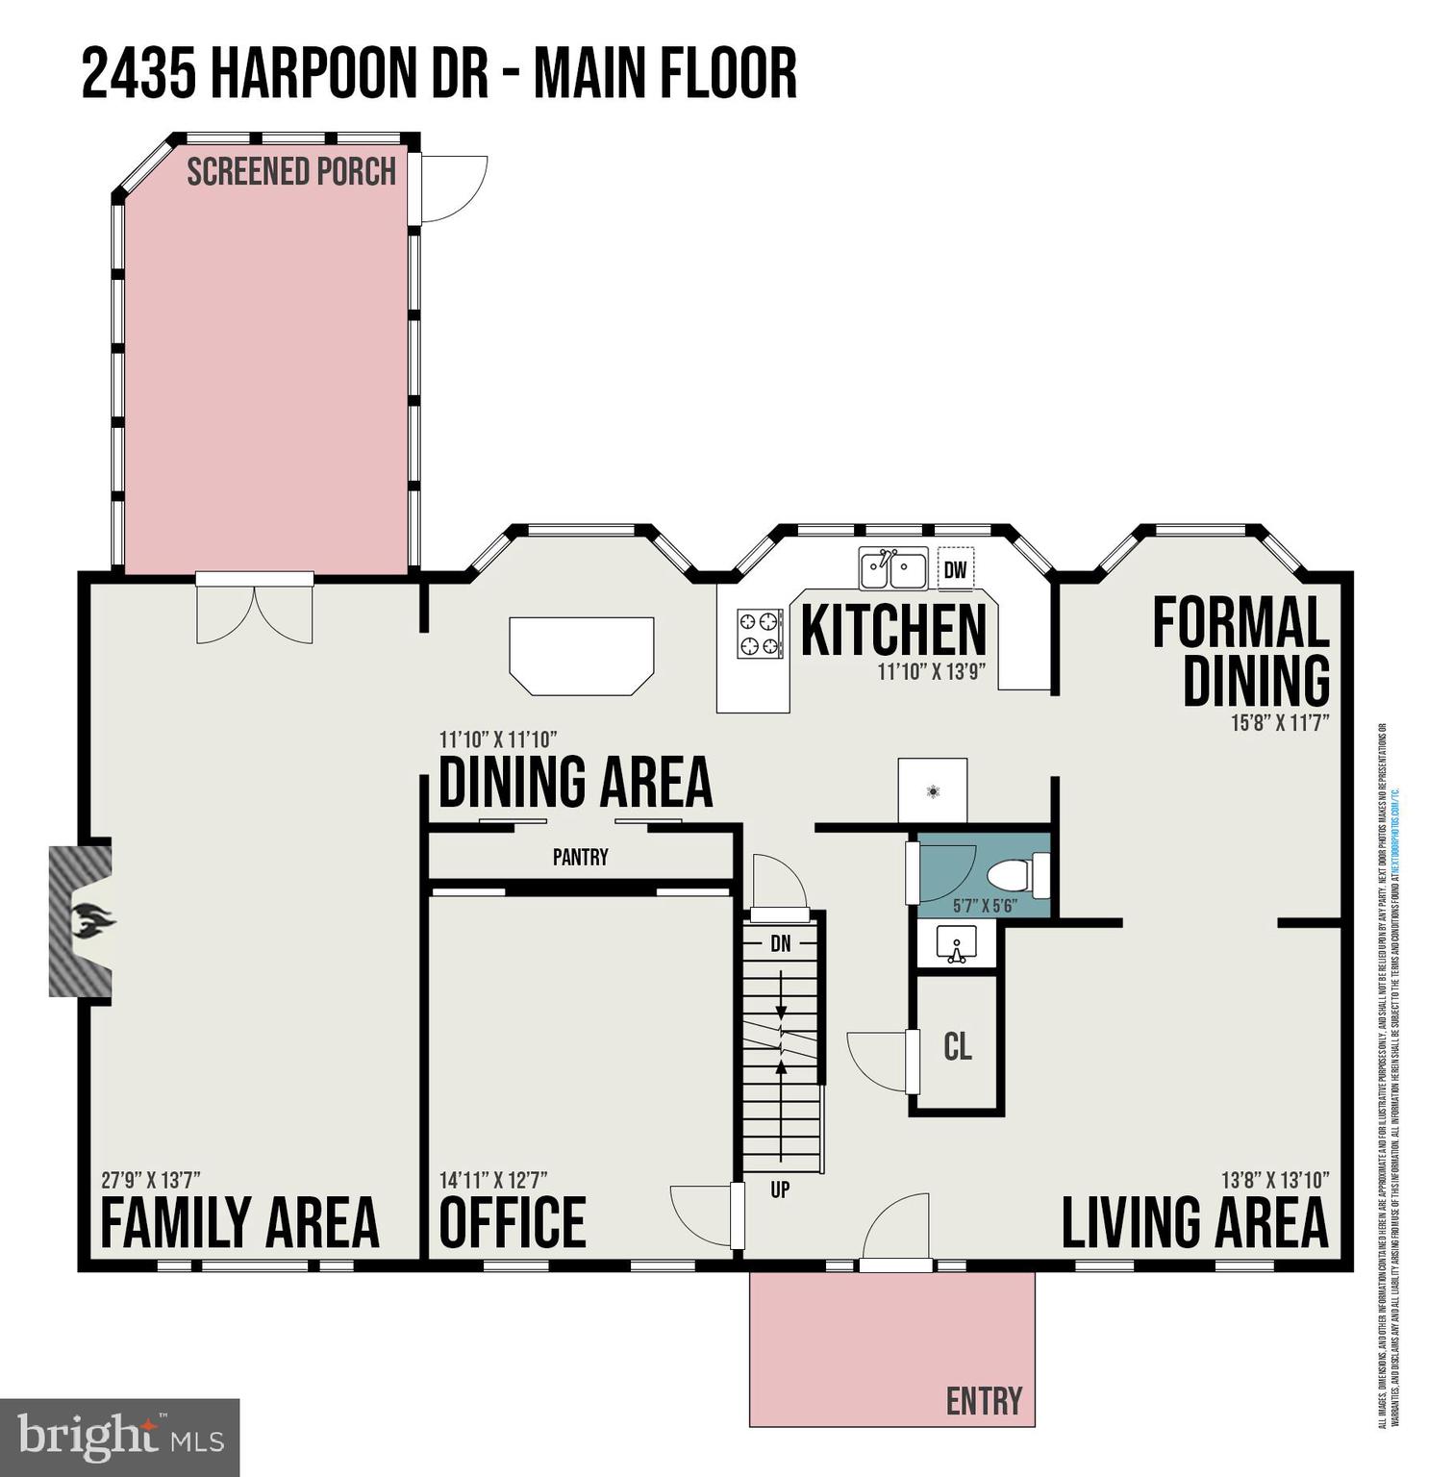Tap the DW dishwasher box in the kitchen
[955, 569]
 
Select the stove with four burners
[761, 634]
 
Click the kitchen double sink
[893, 569]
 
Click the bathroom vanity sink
[956, 944]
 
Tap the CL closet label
[958, 1046]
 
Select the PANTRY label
[580, 857]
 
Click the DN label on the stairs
[781, 944]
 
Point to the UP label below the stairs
[780, 1189]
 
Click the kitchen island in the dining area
[582, 654]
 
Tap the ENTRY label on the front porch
[984, 1401]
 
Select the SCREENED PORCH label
[291, 172]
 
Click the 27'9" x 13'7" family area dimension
[151, 1180]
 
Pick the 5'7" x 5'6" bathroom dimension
[985, 906]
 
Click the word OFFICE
[513, 1222]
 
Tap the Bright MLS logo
[120, 1438]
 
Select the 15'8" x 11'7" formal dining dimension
[1280, 722]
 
